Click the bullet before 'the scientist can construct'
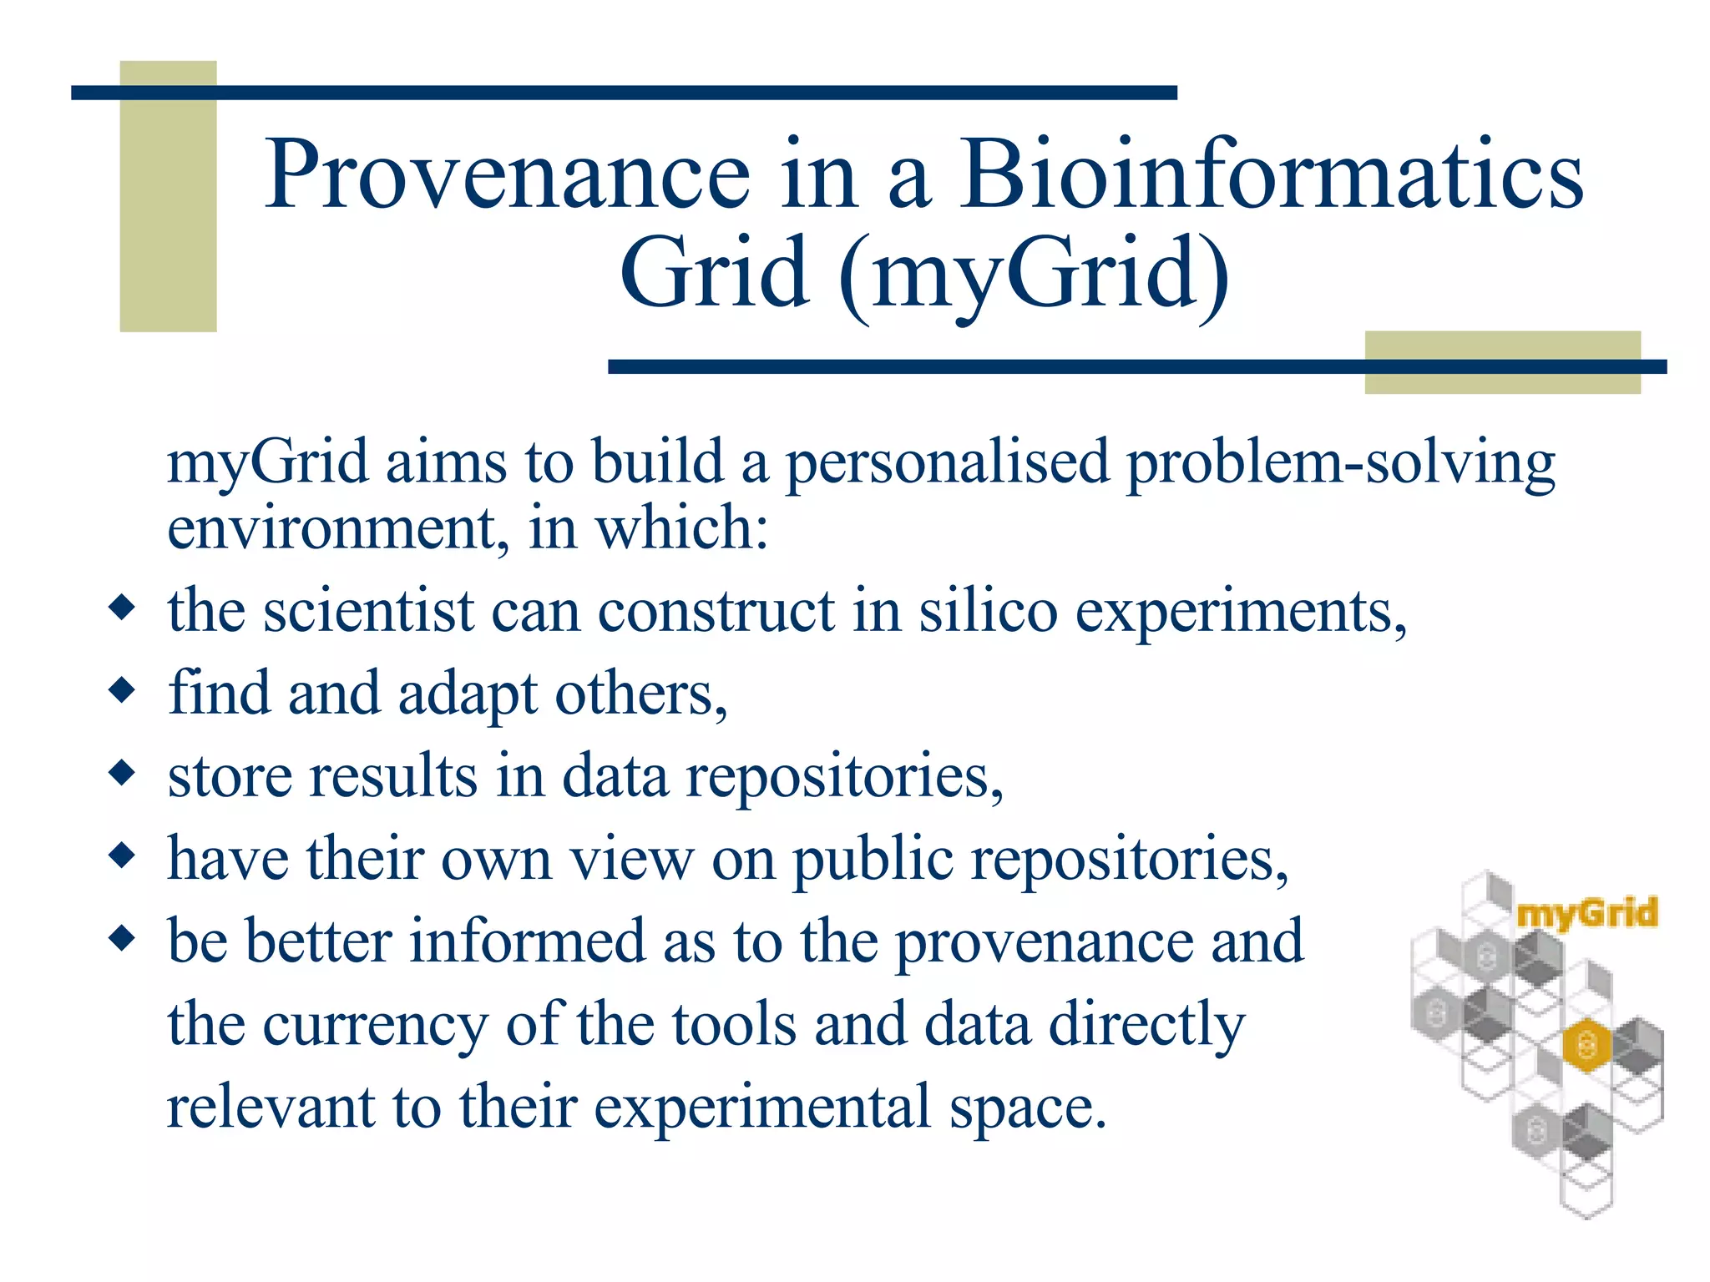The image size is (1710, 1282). click(122, 608)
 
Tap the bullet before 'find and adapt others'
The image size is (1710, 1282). click(122, 690)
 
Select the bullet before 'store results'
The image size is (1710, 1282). click(122, 773)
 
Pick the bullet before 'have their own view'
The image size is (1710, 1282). click(122, 856)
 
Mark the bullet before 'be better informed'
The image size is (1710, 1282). click(122, 938)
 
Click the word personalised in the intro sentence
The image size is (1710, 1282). click(947, 464)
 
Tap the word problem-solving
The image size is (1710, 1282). click(1340, 464)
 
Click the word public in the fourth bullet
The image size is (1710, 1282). click(872, 861)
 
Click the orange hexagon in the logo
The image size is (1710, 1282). click(1586, 1044)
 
